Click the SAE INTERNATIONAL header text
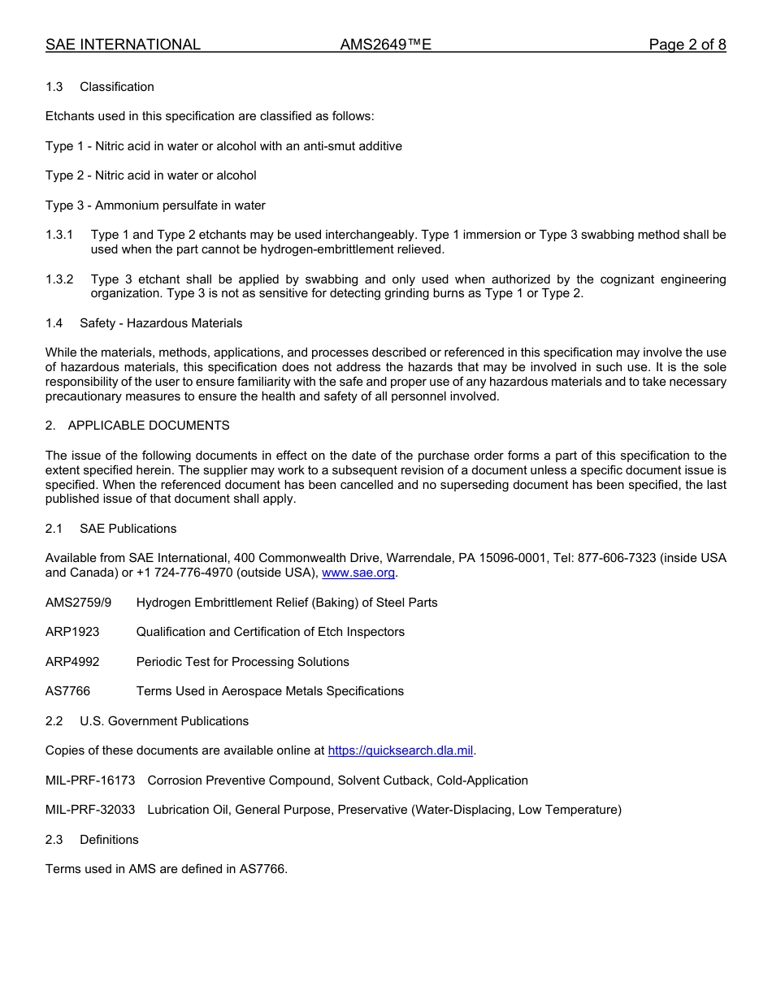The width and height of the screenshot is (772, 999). coord(123,45)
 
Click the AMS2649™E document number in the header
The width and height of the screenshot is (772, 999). coord(385,45)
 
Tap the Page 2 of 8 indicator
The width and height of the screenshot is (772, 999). coord(687,45)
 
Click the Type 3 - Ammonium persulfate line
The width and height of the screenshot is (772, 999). coord(155,205)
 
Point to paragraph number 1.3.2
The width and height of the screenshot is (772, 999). coord(59,279)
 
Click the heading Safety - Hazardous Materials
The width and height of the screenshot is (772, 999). coord(161,323)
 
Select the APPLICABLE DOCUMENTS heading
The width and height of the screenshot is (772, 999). coord(149,426)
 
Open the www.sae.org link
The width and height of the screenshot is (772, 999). coord(358,573)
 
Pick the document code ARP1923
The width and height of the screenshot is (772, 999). coord(72,632)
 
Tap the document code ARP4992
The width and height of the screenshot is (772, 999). coord(72,662)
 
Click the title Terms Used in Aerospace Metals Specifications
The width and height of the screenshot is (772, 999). coord(270,691)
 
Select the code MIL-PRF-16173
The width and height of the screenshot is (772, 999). coord(90,781)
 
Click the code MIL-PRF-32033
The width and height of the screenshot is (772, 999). coord(90,810)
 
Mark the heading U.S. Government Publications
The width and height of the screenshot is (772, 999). coord(164,721)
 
